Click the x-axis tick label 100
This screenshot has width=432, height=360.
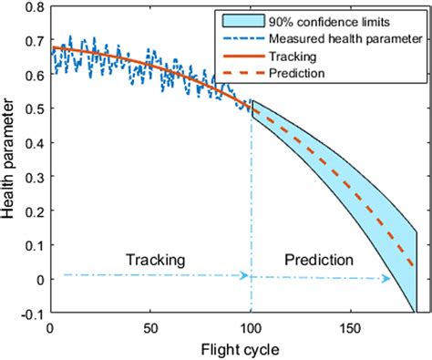251,328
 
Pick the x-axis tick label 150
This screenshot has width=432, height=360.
351,328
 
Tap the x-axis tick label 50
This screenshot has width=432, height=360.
150,328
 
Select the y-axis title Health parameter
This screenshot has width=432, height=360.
10,161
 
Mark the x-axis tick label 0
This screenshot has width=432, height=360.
50,328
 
